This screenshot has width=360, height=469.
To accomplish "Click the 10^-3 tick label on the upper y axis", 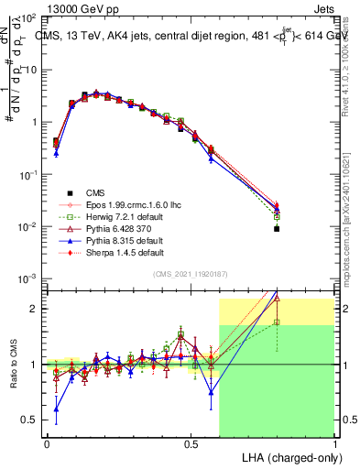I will click(x=27, y=278).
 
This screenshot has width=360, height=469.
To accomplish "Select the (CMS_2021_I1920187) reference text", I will click(x=191, y=273).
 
